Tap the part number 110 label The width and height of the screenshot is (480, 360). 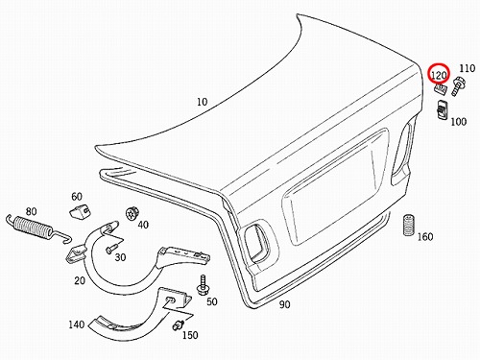[467, 68]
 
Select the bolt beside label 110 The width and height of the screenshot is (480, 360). [458, 85]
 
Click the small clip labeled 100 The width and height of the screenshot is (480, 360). [443, 109]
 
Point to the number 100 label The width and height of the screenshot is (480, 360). [459, 122]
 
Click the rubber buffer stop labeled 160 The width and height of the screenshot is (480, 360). [409, 225]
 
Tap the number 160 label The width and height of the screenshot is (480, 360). [425, 237]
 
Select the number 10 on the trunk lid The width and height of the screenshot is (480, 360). [202, 102]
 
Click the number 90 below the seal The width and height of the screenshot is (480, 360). [284, 304]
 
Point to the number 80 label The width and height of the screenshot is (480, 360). [31, 211]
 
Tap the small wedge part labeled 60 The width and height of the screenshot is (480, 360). [80, 211]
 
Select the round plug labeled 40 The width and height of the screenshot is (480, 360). [132, 213]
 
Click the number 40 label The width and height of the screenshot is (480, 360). [143, 225]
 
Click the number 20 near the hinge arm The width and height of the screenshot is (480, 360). [80, 280]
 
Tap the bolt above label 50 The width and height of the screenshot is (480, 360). [203, 285]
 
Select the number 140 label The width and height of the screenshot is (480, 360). [76, 324]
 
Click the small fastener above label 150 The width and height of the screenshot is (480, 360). [178, 325]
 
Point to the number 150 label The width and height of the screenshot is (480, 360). [190, 335]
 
